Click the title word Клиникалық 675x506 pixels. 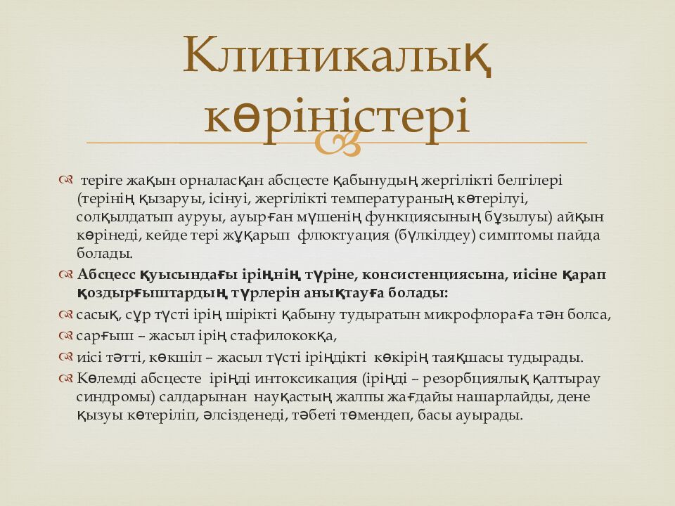click(337, 56)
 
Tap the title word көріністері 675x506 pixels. click(337, 114)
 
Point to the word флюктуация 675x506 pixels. click(343, 235)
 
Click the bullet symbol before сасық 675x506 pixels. click(65, 315)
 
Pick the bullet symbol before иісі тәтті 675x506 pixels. click(65, 357)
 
